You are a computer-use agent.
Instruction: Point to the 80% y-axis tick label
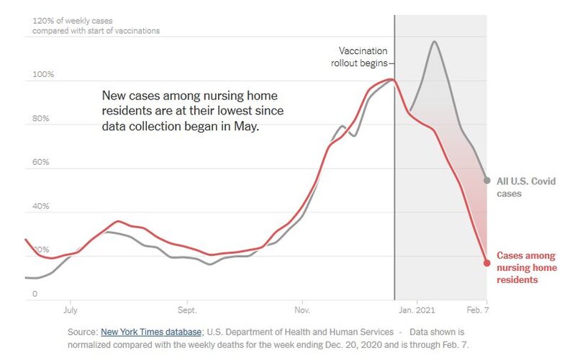pyautogui.click(x=40, y=119)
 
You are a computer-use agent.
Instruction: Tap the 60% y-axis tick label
pyautogui.click(x=40, y=163)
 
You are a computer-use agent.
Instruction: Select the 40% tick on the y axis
pyautogui.click(x=40, y=207)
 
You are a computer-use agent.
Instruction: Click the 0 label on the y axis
pyautogui.click(x=35, y=294)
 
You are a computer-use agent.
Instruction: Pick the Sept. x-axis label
pyautogui.click(x=187, y=311)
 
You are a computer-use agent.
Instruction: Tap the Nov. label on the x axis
pyautogui.click(x=302, y=311)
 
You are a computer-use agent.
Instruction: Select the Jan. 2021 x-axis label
pyautogui.click(x=417, y=311)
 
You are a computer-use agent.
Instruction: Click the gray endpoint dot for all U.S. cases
pyautogui.click(x=487, y=180)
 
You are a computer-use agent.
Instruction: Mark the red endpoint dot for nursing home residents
pyautogui.click(x=487, y=263)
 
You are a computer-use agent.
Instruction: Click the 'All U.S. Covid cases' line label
pyautogui.click(x=526, y=187)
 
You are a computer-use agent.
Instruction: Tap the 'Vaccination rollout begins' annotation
pyautogui.click(x=363, y=57)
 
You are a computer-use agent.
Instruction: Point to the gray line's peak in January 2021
pyautogui.click(x=434, y=42)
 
